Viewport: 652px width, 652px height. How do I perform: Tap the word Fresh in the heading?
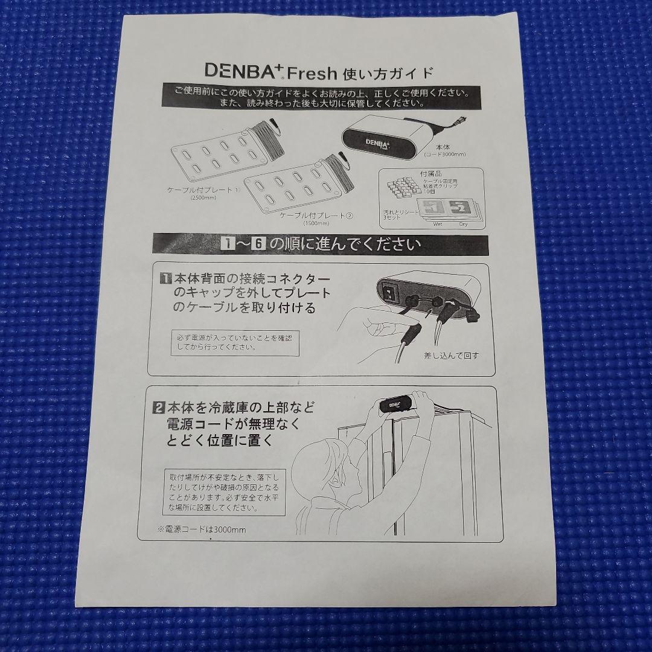click(x=312, y=73)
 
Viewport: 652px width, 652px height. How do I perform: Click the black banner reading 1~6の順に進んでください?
click(x=320, y=245)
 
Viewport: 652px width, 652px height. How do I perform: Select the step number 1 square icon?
click(x=164, y=279)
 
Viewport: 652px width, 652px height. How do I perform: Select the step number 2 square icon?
click(x=159, y=406)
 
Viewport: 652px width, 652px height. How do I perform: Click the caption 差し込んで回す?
click(x=450, y=355)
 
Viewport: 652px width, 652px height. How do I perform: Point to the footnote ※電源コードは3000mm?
click(x=202, y=529)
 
